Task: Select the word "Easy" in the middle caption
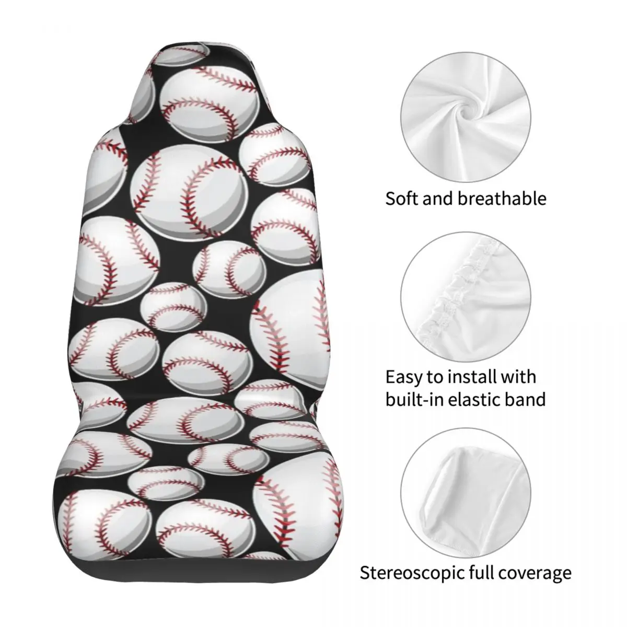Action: [x=404, y=377]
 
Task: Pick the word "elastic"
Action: [x=475, y=399]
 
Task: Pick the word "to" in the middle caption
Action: [x=435, y=378]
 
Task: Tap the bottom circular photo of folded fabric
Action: [x=466, y=493]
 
